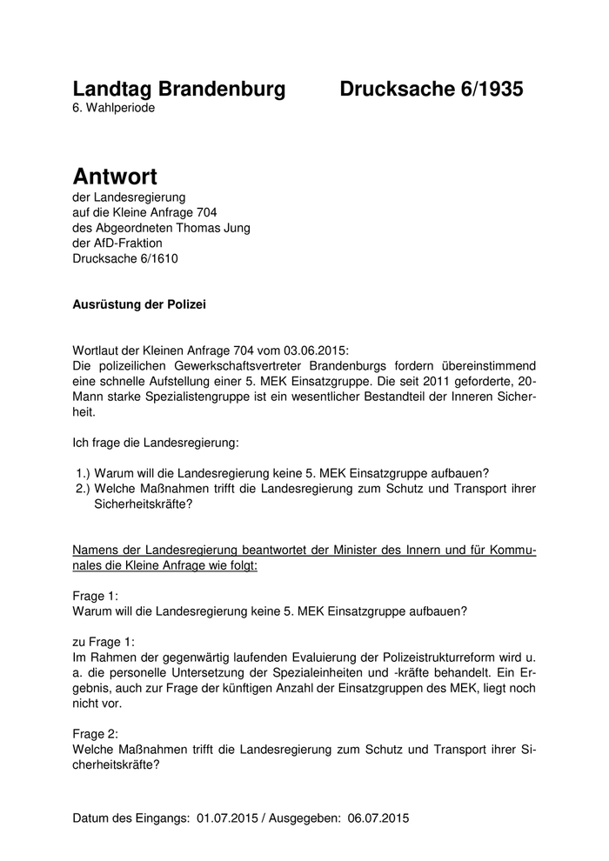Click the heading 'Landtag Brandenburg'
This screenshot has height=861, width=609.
[x=178, y=89]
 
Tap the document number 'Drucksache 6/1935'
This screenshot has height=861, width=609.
[x=432, y=89]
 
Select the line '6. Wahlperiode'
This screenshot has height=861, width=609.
[x=114, y=109]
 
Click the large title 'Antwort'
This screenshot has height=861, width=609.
[x=115, y=177]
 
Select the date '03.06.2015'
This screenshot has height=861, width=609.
[x=315, y=350]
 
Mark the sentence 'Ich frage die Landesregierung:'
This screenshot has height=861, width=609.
[x=156, y=443]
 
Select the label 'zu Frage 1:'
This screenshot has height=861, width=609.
[x=103, y=642]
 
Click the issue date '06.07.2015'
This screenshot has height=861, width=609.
[x=378, y=818]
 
